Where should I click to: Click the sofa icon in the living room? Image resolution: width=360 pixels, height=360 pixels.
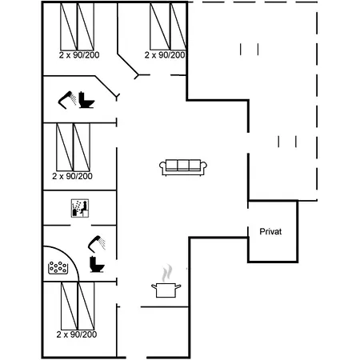coord(183,167)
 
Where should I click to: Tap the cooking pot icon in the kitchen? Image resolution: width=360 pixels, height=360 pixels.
coord(166,290)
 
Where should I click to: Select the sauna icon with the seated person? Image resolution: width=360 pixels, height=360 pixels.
coord(80,208)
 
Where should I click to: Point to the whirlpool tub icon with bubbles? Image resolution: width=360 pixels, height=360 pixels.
coord(58,267)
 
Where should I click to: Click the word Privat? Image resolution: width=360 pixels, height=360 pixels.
coord(270,231)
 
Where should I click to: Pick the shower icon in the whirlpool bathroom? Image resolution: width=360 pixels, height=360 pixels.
coord(97,244)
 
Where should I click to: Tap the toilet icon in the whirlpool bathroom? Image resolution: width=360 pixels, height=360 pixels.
coord(97,264)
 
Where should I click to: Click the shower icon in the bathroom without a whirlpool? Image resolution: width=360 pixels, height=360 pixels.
coord(67,100)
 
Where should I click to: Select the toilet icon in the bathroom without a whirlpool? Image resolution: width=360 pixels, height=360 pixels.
coord(86,100)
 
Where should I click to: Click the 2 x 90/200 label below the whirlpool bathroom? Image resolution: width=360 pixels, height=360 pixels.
coord(77,334)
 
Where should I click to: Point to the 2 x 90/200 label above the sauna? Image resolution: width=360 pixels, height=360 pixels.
coord(72,176)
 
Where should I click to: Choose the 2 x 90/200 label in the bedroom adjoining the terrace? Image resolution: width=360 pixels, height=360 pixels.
coord(165,55)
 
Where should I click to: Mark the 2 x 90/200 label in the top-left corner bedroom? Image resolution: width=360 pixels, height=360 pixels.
coord(79,55)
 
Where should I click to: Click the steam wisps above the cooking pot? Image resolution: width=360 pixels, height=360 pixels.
coord(166,273)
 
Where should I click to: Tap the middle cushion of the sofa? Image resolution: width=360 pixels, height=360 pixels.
coord(183,165)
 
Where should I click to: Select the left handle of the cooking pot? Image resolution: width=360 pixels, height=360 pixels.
coord(154,286)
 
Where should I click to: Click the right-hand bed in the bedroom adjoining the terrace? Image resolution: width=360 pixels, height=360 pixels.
coord(178,26)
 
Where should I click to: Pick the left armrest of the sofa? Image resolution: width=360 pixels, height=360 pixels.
coord(162,167)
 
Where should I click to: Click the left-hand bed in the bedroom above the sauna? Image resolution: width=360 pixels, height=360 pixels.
coord(65,147)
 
